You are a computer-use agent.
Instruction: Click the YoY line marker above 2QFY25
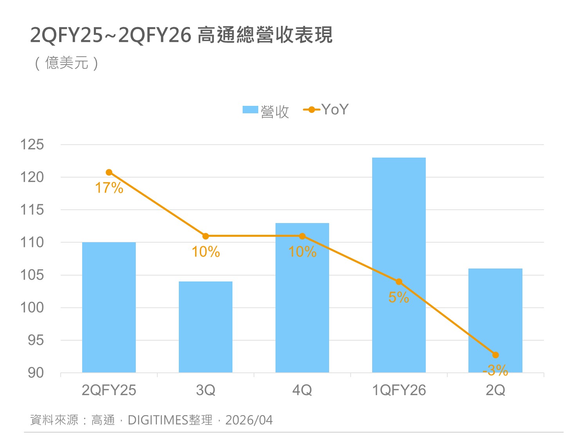(x=109, y=172)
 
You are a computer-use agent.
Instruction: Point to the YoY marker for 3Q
(x=205, y=236)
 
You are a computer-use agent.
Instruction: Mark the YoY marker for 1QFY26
(x=399, y=281)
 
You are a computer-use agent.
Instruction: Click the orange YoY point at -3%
(x=495, y=355)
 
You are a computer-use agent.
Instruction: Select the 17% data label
(x=109, y=188)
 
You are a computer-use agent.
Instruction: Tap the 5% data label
(x=398, y=298)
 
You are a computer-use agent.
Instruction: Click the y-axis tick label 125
(x=32, y=145)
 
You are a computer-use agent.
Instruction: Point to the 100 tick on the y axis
(x=32, y=307)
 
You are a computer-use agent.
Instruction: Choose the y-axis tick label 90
(x=36, y=373)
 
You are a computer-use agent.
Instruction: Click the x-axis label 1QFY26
(x=399, y=390)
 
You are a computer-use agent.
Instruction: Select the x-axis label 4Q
(x=302, y=390)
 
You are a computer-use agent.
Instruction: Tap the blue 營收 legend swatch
(x=250, y=110)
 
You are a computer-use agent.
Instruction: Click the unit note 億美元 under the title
(x=67, y=63)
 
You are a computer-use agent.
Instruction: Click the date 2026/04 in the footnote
(x=249, y=420)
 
